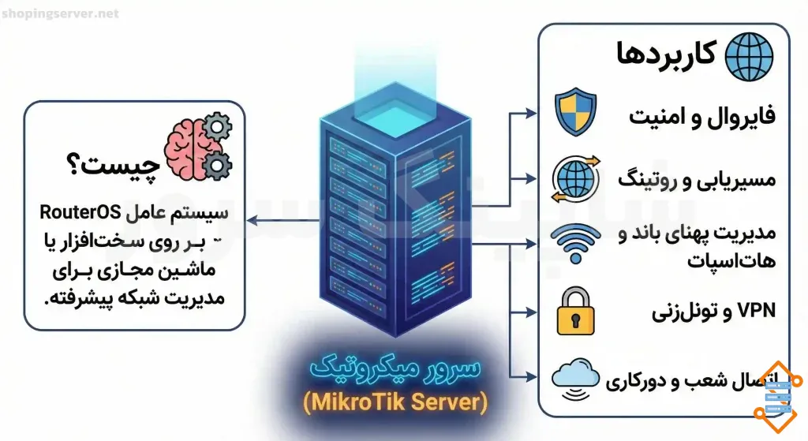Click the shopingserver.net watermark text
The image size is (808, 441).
[x=61, y=13]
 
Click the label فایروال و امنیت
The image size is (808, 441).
[x=701, y=115]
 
